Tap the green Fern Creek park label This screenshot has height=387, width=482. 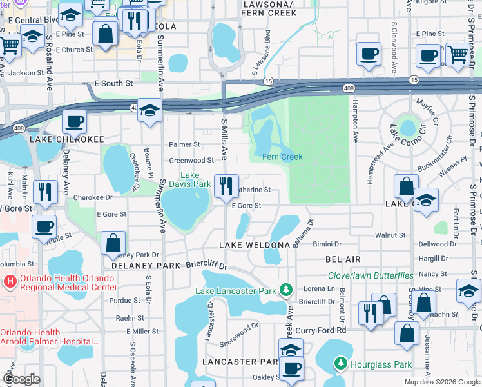[x=282, y=157]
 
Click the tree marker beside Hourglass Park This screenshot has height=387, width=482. [x=341, y=364]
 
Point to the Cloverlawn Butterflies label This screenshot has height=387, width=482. [x=371, y=275]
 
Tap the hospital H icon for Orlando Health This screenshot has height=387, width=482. [x=10, y=282]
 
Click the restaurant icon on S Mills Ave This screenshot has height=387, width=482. [x=226, y=186]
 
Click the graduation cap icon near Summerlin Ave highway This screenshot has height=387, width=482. [x=149, y=110]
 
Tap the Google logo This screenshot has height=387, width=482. [x=21, y=379]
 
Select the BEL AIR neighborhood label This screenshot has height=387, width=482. [x=342, y=258]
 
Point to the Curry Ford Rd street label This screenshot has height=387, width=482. [x=324, y=330]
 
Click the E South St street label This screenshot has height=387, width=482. [x=113, y=84]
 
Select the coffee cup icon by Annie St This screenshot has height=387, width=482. [x=44, y=227]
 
